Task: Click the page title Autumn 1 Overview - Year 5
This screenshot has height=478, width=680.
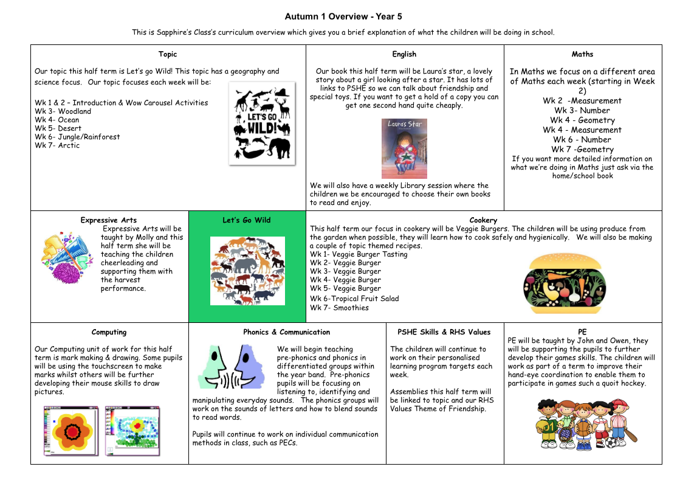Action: pos(343,16)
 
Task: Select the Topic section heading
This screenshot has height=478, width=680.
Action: pos(168,54)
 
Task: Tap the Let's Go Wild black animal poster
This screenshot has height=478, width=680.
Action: pos(262,123)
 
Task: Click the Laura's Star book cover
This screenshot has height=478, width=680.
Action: pos(404,148)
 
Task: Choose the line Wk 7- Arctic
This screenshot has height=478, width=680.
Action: pos(57,145)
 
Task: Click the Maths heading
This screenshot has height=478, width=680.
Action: pos(582,54)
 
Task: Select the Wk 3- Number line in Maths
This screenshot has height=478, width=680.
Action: pos(582,110)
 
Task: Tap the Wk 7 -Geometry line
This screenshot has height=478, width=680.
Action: pos(582,149)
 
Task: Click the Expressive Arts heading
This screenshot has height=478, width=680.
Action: pos(109,220)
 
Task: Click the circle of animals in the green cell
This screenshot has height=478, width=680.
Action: pos(247,271)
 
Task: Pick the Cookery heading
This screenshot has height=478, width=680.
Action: pos(483,220)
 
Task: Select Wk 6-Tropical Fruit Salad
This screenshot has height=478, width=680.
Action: pos(346,299)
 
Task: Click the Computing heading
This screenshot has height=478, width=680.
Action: pos(109,332)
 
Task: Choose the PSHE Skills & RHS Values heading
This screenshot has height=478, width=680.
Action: pos(444,332)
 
